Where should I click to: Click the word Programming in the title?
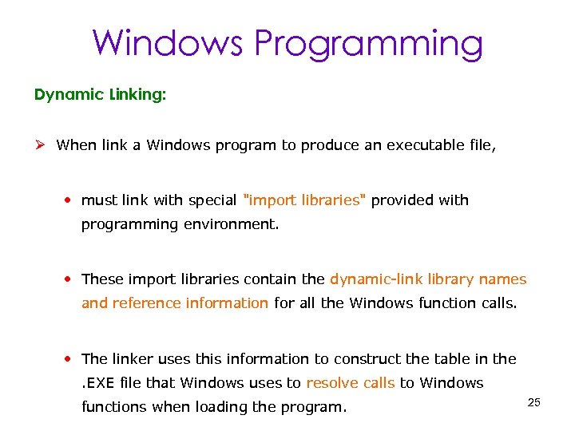369,44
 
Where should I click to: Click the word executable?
426,145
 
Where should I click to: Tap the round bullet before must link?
71,200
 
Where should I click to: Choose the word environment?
232,224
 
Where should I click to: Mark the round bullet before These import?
71,279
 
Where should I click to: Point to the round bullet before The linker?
71,359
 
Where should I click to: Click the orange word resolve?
332,383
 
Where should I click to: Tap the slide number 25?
534,402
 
